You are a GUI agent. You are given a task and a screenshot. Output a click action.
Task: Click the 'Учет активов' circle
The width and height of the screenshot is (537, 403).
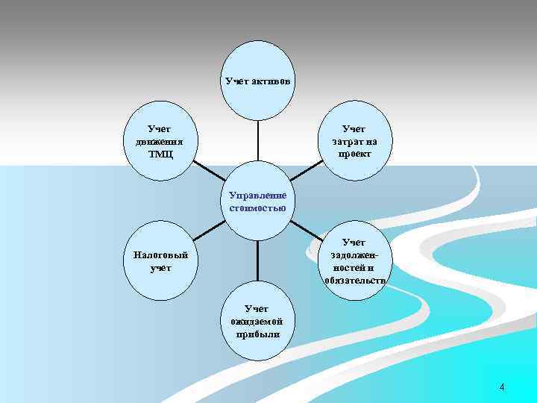coord(258,97)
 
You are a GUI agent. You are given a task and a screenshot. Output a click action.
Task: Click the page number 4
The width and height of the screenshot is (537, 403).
coord(502,387)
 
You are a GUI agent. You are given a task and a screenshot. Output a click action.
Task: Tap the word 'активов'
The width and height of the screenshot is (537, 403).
coord(271,81)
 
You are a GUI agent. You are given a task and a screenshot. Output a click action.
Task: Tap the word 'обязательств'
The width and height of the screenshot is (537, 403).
coord(355,280)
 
